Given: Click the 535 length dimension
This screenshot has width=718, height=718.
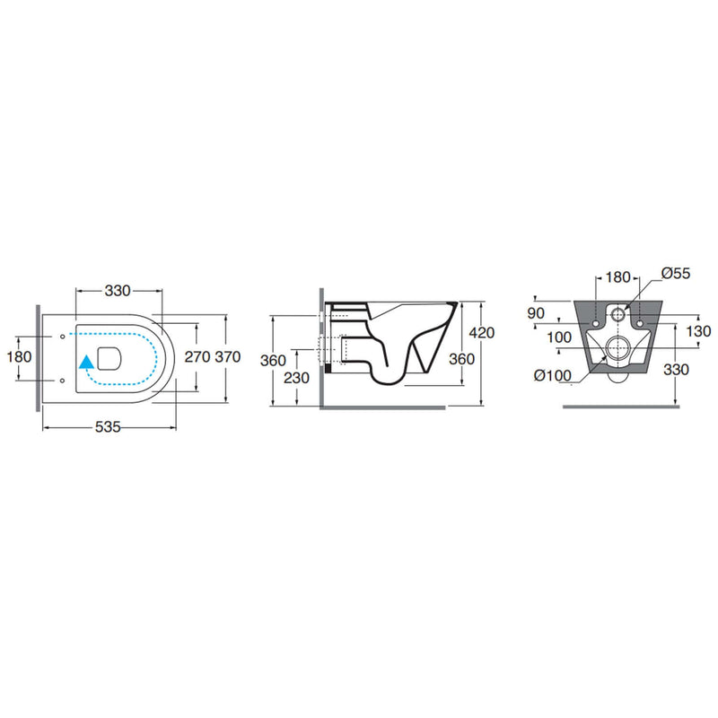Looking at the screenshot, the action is (x=108, y=427).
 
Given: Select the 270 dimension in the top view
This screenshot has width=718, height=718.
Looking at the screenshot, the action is (x=197, y=356).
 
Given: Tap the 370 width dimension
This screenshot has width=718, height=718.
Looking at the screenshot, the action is (x=228, y=356).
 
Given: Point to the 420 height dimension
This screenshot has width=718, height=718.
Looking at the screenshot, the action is (x=482, y=332).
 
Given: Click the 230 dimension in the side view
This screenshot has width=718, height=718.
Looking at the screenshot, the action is (x=297, y=378).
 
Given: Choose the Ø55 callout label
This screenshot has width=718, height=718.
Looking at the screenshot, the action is (x=676, y=274).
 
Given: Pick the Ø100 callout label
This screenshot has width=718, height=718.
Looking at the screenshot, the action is (x=553, y=375).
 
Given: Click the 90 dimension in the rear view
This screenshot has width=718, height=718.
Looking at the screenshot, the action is (x=536, y=313).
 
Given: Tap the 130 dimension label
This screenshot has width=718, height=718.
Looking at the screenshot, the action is (x=699, y=331).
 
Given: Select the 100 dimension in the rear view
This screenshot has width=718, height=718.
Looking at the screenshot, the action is (x=559, y=337).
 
